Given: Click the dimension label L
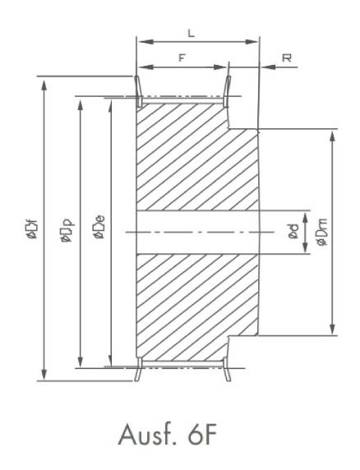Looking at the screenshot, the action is (191, 33).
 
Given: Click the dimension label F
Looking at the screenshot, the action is (182, 58).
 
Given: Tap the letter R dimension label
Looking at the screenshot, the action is (287, 58).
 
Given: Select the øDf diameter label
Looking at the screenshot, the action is (32, 229).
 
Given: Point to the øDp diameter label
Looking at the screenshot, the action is (67, 230).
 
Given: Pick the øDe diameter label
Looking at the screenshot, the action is (99, 228).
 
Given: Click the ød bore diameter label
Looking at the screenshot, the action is (293, 232).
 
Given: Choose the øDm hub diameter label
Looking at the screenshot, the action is (322, 232).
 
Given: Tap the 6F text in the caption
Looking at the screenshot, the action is (202, 435).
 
